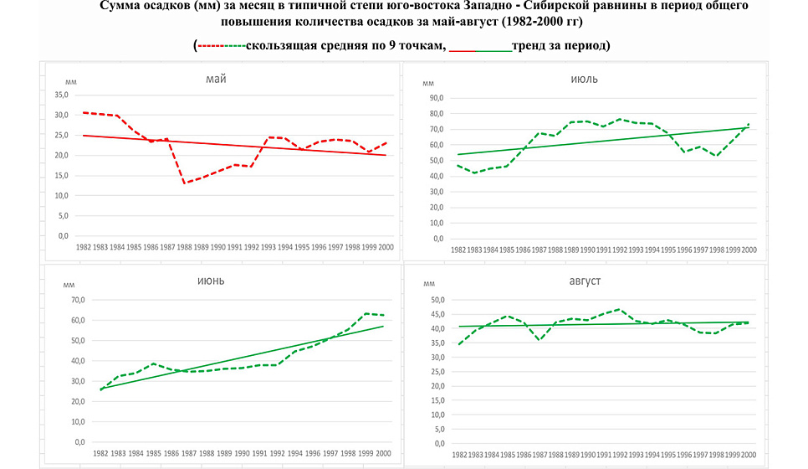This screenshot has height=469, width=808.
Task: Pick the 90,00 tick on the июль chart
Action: coord(434,97)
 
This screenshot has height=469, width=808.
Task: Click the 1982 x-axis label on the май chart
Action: coord(84,248)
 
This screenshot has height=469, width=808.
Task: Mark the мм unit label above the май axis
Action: coord(71,82)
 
